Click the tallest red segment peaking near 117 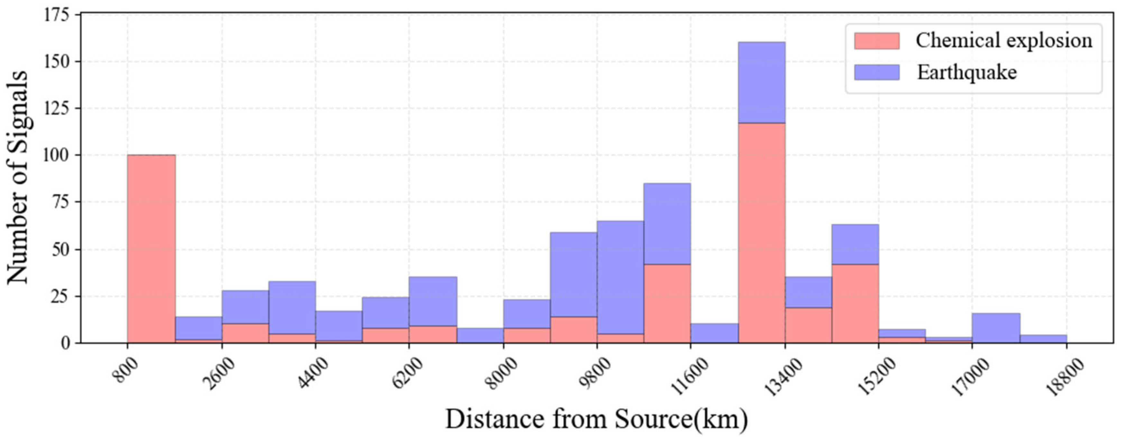762,233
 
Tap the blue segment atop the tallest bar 762,83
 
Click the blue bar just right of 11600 714,333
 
